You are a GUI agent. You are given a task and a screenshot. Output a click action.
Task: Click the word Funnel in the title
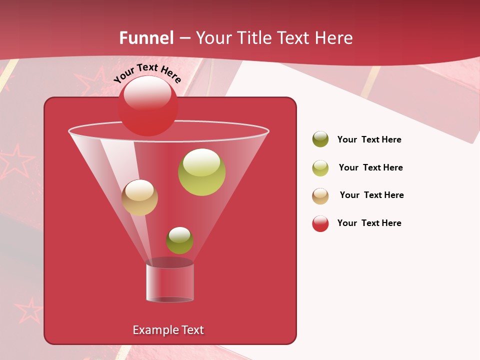click(146, 38)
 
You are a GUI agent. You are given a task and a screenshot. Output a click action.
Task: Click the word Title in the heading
click(253, 38)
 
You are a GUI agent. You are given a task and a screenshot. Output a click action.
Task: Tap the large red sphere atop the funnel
click(148, 105)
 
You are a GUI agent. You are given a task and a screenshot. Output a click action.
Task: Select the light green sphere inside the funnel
click(201, 172)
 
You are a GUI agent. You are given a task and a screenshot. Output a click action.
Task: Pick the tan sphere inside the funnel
click(139, 197)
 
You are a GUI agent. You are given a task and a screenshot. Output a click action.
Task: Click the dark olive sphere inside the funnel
click(179, 240)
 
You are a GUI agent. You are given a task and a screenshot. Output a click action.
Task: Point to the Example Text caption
click(168, 330)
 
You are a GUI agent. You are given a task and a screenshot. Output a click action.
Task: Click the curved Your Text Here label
click(147, 72)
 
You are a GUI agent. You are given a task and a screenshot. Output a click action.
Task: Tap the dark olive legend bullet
click(320, 139)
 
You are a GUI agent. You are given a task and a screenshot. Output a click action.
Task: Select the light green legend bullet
click(320, 168)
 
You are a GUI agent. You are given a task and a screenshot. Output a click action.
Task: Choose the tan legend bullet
click(320, 196)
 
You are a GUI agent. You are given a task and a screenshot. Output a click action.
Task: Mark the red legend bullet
click(320, 223)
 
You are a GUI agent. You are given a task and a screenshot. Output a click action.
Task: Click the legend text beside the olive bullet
click(369, 139)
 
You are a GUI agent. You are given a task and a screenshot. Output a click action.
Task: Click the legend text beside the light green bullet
click(370, 167)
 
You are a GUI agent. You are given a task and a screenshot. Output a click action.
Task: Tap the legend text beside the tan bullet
click(371, 195)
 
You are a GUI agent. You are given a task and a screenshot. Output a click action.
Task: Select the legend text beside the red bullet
click(369, 223)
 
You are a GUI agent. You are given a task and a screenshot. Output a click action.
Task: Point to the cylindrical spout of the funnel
click(170, 282)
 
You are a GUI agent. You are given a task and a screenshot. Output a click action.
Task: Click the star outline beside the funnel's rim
click(16, 161)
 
